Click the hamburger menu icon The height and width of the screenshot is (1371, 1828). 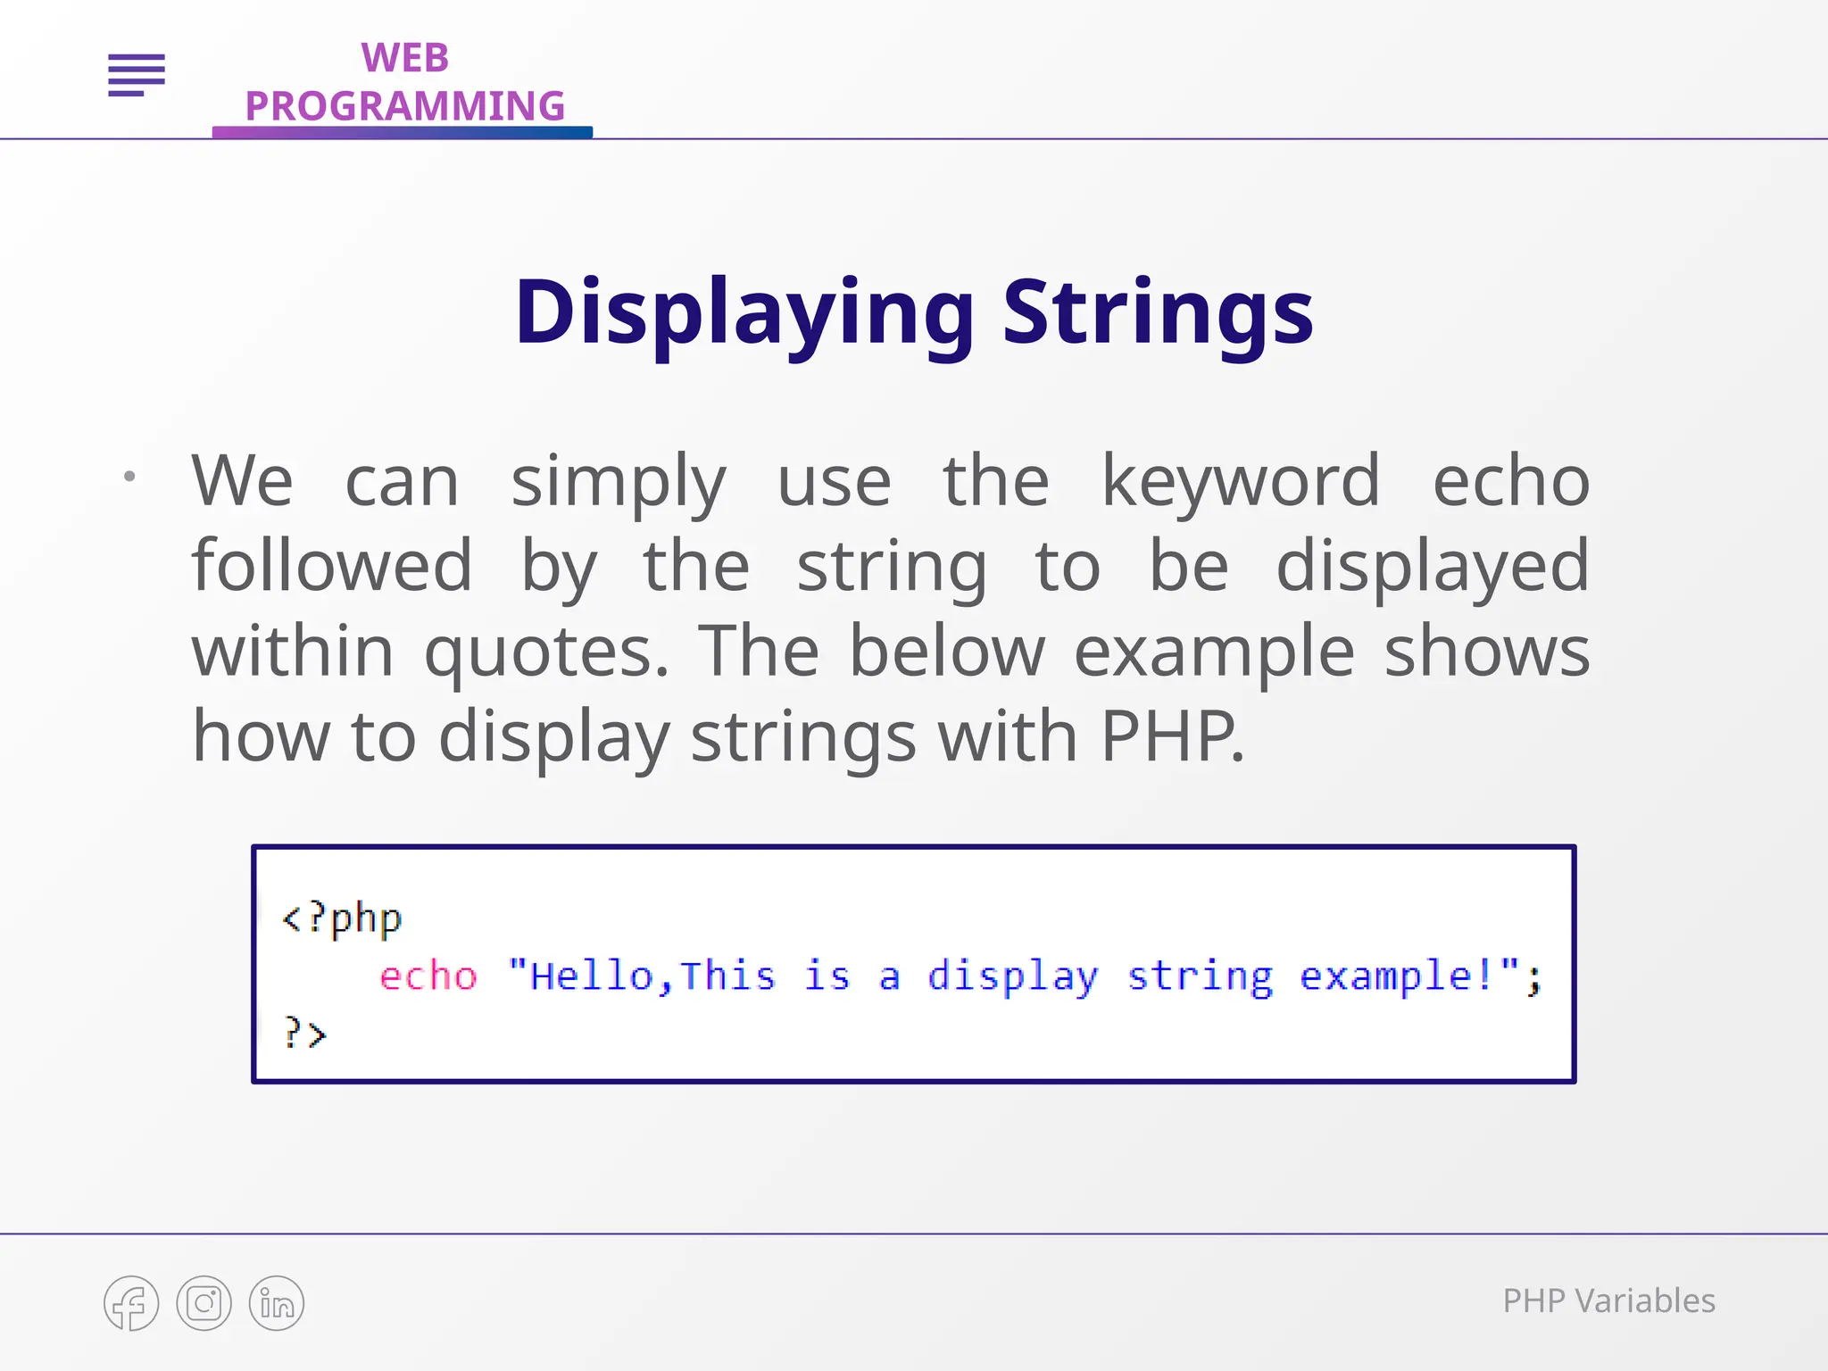(x=137, y=75)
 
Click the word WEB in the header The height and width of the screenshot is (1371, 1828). (x=404, y=59)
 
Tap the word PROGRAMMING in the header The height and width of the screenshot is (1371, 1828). (x=404, y=106)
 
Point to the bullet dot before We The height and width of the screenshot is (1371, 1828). (x=129, y=477)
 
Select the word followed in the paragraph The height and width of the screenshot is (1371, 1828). (x=332, y=566)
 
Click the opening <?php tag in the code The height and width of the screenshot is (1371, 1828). (x=342, y=918)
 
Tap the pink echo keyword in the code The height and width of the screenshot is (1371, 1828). (x=428, y=976)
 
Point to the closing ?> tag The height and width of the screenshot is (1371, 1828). (x=305, y=1034)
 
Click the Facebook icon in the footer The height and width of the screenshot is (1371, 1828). (x=131, y=1303)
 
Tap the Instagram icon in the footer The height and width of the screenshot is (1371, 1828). (x=204, y=1303)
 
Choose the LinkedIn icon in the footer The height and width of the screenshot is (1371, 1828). (x=277, y=1303)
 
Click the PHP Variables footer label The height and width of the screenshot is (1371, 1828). (x=1608, y=1301)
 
